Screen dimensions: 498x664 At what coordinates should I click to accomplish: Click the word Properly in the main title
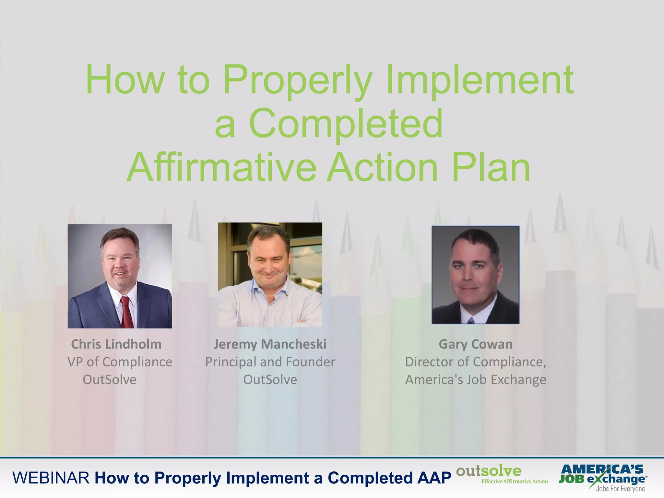297,80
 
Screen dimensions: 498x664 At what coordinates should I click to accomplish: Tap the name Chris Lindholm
116,344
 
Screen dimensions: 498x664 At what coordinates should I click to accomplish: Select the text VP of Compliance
120,362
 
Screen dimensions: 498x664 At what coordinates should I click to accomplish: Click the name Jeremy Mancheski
270,344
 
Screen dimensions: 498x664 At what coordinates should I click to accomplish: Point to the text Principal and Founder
270,362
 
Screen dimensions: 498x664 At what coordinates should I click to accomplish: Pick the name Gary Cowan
475,344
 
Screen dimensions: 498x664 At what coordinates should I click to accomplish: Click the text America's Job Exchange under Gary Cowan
475,380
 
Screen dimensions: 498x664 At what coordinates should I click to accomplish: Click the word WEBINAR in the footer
51,478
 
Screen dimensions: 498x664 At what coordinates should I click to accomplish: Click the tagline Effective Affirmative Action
514,481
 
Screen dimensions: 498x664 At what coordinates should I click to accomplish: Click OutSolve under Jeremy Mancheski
270,380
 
